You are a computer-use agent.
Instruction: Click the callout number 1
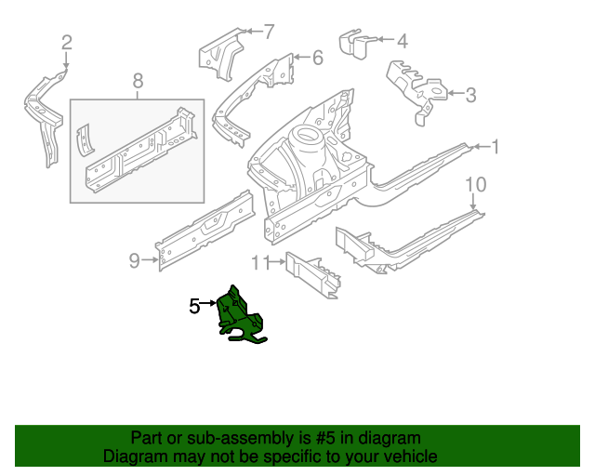tap(496, 146)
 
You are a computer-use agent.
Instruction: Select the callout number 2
tap(66, 41)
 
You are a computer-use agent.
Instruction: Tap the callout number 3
tap(470, 93)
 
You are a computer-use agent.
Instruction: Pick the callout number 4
tap(402, 41)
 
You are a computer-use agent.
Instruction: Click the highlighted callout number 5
tap(194, 305)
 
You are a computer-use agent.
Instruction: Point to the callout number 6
tap(317, 58)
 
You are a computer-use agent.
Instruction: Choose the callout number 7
tap(269, 33)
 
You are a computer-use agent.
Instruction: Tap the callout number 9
tap(134, 260)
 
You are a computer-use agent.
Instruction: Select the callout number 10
tap(474, 185)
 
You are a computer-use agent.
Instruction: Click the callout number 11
tap(260, 262)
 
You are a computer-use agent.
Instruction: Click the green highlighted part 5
tap(238, 316)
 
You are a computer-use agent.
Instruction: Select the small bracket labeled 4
tap(354, 45)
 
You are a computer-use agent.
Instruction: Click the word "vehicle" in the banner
tap(407, 456)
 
